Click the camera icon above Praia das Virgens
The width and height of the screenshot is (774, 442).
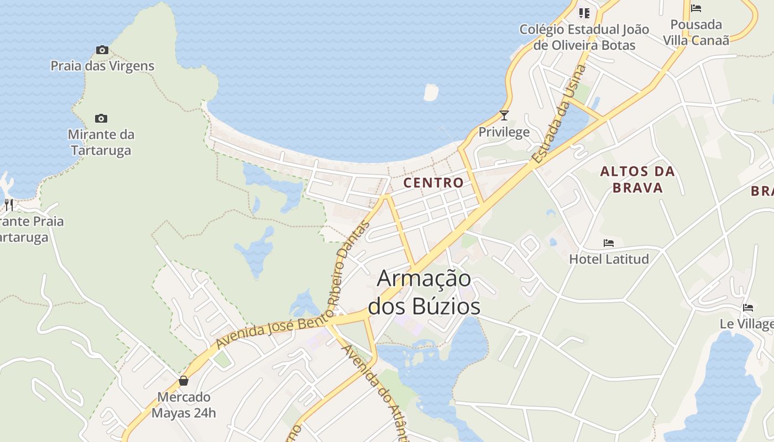tap(102, 50)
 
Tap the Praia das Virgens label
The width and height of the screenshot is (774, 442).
tap(102, 66)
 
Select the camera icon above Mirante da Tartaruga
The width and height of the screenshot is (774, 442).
tap(101, 118)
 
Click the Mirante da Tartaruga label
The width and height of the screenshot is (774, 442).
tap(101, 142)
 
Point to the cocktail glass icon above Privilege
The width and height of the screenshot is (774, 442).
tap(504, 115)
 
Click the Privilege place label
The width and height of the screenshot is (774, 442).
tap(504, 132)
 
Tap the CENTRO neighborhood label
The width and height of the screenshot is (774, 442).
tap(433, 182)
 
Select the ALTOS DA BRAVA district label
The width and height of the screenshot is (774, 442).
tap(637, 179)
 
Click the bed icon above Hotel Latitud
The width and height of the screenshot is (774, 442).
tap(609, 243)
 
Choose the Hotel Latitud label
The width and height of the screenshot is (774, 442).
tap(609, 259)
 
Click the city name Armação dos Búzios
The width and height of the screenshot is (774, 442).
tap(424, 292)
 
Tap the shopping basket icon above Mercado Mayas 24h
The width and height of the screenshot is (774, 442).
tap(184, 381)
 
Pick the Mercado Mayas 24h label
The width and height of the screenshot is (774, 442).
tap(184, 405)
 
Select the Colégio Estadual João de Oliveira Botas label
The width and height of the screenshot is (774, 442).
tap(584, 37)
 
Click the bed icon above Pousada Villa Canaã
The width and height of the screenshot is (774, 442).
tap(696, 8)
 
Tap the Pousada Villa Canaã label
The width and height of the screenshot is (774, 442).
tap(696, 32)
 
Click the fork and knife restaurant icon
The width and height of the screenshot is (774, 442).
tap(8, 205)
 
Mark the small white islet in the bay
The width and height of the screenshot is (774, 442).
tap(431, 92)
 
